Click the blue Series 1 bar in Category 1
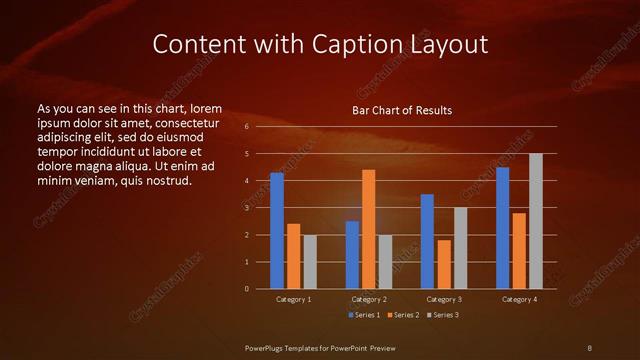click(x=277, y=231)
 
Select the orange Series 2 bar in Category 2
click(x=369, y=229)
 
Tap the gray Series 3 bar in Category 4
click(x=536, y=221)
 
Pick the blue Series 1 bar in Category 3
click(x=427, y=241)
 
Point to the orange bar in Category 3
click(x=444, y=264)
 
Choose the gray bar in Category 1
click(x=310, y=262)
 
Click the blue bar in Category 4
click(x=502, y=228)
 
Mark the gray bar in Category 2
click(x=386, y=262)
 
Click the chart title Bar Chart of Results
click(x=402, y=110)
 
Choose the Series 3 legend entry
click(x=442, y=315)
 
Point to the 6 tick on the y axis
click(x=246, y=127)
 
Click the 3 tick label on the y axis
click(x=246, y=208)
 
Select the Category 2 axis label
click(x=369, y=299)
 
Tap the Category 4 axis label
click(x=519, y=299)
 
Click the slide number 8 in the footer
click(x=590, y=347)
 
